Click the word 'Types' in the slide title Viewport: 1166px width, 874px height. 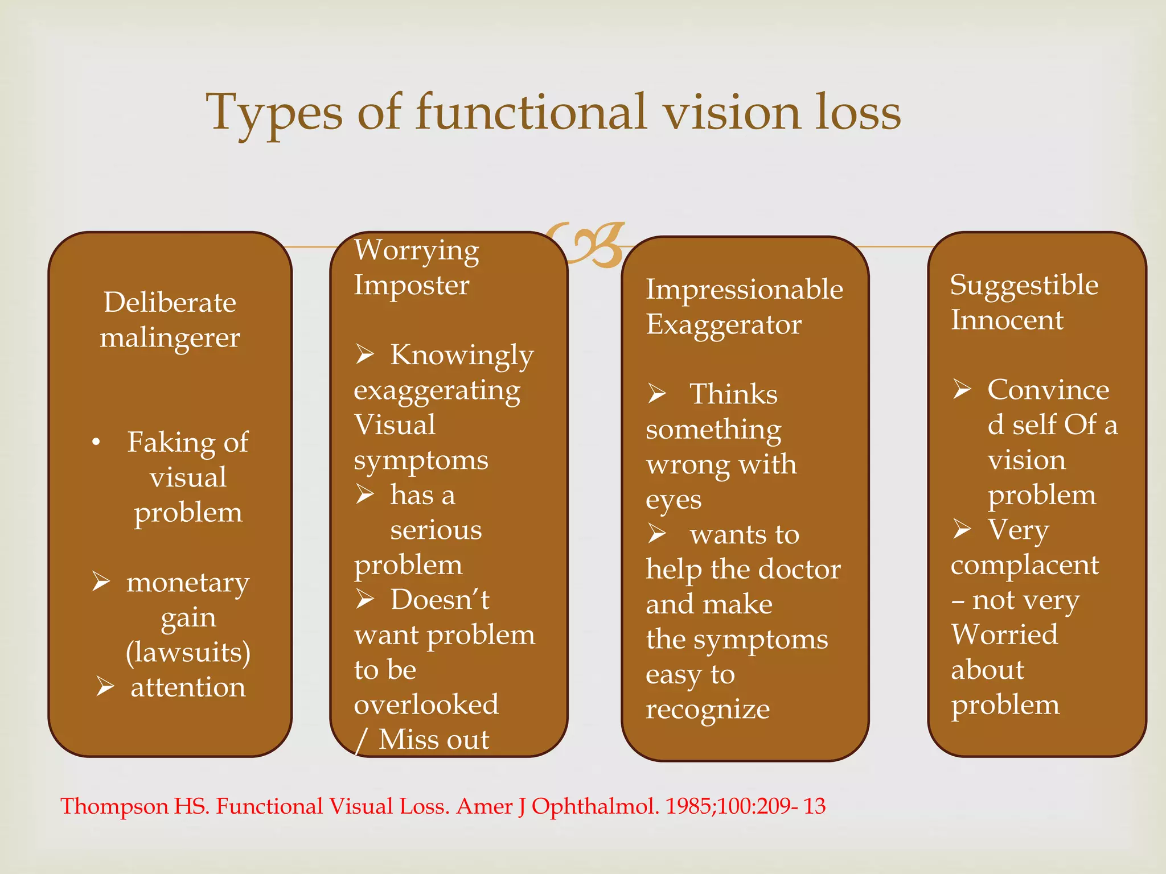coord(274,113)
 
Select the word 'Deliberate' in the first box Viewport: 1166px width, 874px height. coord(170,302)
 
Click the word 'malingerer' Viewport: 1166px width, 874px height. coord(170,338)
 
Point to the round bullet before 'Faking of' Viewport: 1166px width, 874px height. coord(96,442)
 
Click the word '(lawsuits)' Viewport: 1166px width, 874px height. coord(188,652)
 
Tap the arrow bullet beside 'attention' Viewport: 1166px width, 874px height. coord(105,687)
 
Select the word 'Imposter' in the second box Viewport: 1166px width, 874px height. coord(411,285)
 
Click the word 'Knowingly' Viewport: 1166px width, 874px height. coord(462,355)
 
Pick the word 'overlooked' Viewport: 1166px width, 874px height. coord(426,704)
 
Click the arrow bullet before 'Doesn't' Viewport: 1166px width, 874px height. coord(365,599)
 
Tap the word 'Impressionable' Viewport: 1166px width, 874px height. coord(744,289)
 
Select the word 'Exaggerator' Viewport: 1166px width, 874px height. coord(723,324)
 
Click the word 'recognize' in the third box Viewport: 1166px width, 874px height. coord(708,710)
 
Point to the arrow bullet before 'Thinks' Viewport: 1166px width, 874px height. coord(657,394)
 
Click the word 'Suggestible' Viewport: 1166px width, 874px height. coord(1024,285)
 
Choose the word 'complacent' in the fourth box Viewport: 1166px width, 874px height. coord(1024,565)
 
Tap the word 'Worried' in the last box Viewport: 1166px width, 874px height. coord(1004,634)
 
